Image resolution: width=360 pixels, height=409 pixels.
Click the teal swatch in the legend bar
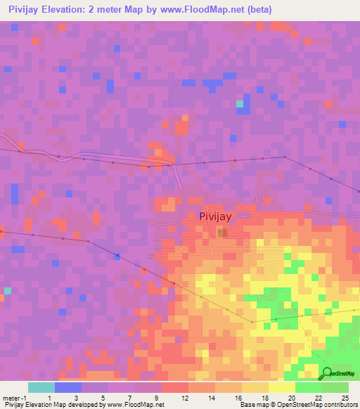(x=41, y=387)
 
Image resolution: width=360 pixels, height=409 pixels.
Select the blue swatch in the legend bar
(x=67, y=387)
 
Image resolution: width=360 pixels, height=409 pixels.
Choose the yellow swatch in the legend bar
(x=281, y=387)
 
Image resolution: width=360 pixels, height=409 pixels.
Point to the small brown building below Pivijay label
(x=222, y=233)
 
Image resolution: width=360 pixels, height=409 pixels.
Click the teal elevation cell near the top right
(x=240, y=104)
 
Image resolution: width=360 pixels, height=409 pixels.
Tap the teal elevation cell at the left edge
(x=8, y=290)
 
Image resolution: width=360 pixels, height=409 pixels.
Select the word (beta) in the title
(x=257, y=10)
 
